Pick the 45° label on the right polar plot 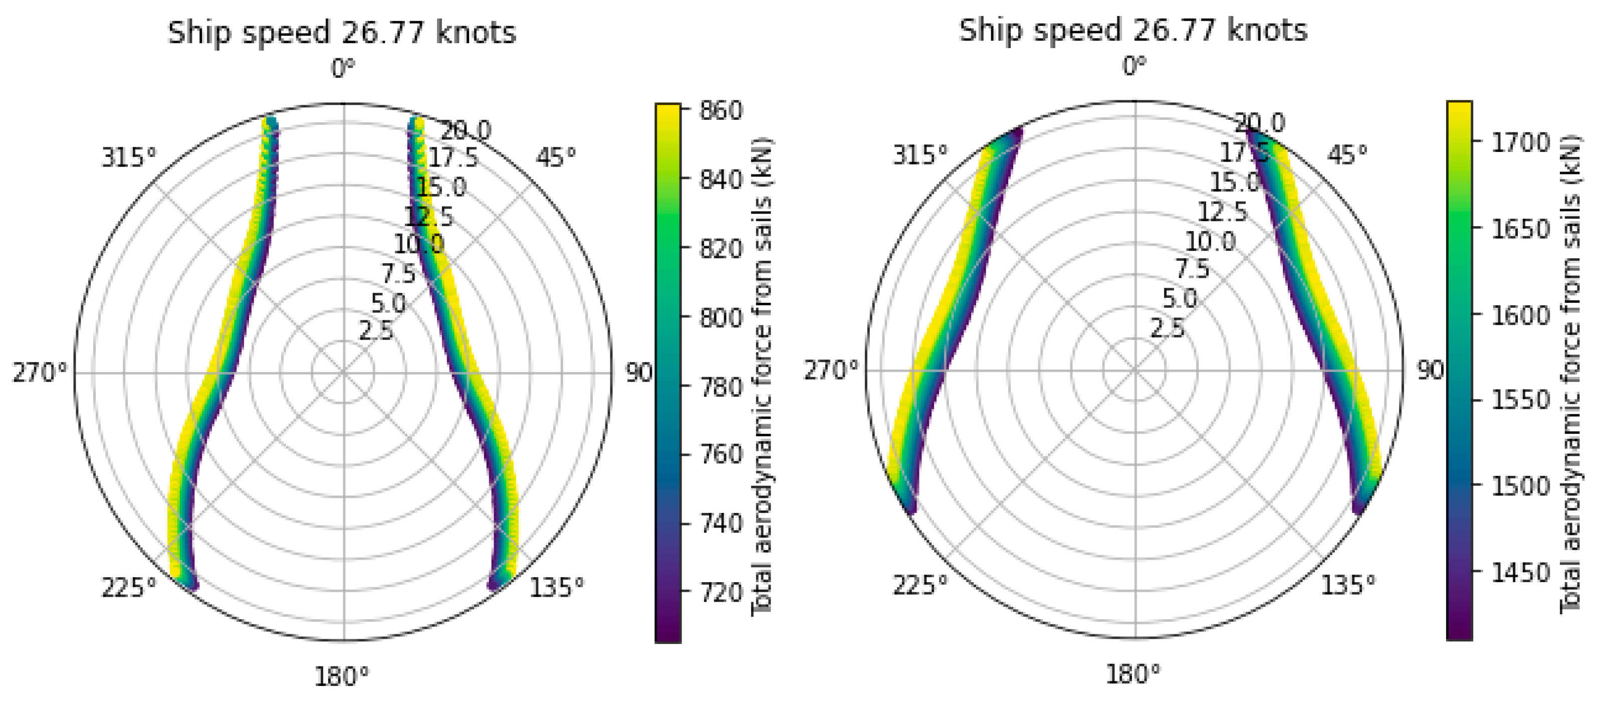[1347, 155]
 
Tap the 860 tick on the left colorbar [721, 110]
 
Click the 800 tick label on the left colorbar [721, 317]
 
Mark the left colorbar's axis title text [762, 376]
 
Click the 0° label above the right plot [1134, 66]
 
